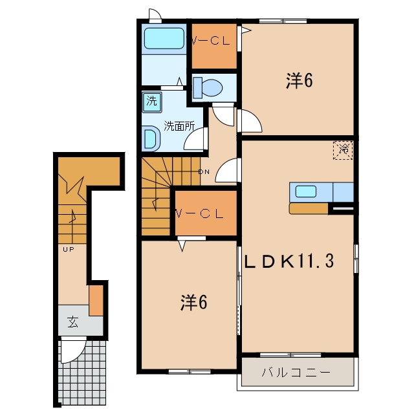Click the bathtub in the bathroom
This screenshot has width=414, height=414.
(164, 38)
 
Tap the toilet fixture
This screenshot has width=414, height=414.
(208, 88)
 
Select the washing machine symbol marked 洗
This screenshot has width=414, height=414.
(152, 102)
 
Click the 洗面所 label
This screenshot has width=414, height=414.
(179, 126)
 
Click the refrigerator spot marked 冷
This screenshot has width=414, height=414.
(343, 150)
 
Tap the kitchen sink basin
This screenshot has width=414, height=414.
(306, 191)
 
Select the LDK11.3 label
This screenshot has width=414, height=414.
(289, 261)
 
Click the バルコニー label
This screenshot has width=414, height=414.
(296, 373)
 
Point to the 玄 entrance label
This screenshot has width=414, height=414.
(72, 322)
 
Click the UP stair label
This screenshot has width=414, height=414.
(69, 249)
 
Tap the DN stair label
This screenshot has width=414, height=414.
(204, 172)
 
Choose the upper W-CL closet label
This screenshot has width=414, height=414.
(210, 41)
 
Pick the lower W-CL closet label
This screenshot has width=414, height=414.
(200, 214)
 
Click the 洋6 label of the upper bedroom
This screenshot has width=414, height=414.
(300, 80)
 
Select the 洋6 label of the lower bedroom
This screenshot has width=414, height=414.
(194, 302)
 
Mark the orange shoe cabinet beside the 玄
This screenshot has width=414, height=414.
(96, 300)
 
